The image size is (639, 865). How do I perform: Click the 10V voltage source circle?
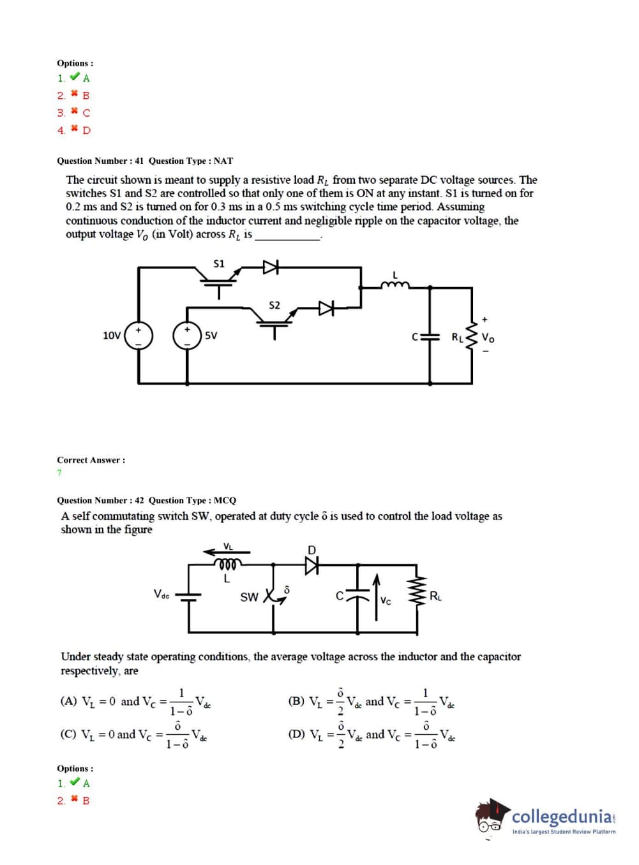(x=139, y=336)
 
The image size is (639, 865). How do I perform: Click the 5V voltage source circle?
(x=187, y=336)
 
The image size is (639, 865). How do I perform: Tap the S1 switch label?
(x=219, y=263)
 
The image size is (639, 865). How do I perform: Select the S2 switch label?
(x=274, y=305)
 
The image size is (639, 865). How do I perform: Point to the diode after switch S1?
(x=271, y=267)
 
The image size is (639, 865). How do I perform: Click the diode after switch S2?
(x=327, y=309)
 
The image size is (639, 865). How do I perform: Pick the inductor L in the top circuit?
(x=395, y=285)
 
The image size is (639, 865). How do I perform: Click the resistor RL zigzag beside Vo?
(x=472, y=336)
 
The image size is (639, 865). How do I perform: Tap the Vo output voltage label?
(x=488, y=337)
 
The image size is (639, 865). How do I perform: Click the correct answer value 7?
(x=59, y=473)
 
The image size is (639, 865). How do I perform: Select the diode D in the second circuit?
(x=312, y=565)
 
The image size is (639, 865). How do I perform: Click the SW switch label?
(x=249, y=597)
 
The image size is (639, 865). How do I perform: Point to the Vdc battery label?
(x=162, y=594)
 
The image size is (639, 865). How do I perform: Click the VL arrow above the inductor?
(x=227, y=551)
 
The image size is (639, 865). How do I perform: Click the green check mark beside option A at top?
(x=75, y=77)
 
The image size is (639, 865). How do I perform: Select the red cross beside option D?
(x=75, y=129)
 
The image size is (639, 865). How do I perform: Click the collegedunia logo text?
(x=562, y=817)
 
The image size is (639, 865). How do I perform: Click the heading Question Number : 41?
(x=100, y=161)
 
